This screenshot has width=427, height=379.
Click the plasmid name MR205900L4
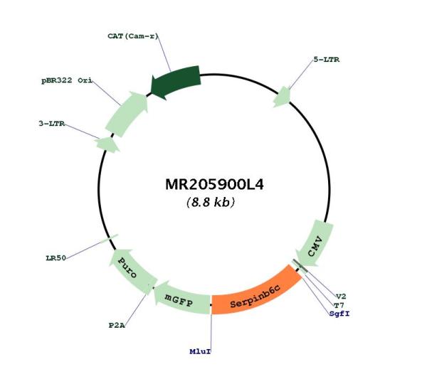coord(214,184)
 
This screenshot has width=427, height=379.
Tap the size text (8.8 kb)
coord(211,202)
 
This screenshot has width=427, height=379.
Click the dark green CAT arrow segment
coord(176,81)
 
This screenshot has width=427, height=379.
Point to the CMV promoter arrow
coord(315,244)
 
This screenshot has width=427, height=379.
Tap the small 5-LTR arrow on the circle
coord(283,97)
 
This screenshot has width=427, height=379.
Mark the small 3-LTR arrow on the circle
coord(107,144)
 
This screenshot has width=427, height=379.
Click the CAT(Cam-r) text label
coord(133,36)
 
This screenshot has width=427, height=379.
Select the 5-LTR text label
coord(327,60)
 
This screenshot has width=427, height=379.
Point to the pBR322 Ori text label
coord(67,80)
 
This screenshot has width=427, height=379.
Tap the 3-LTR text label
coord(52,124)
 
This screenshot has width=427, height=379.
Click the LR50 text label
coord(56,258)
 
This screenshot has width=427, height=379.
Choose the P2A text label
coord(117,325)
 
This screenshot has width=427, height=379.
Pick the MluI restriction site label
coord(200,351)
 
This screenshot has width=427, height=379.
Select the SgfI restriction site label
coord(339,314)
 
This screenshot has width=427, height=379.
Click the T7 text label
coord(339,305)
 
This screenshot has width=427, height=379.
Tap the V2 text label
coord(341,297)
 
